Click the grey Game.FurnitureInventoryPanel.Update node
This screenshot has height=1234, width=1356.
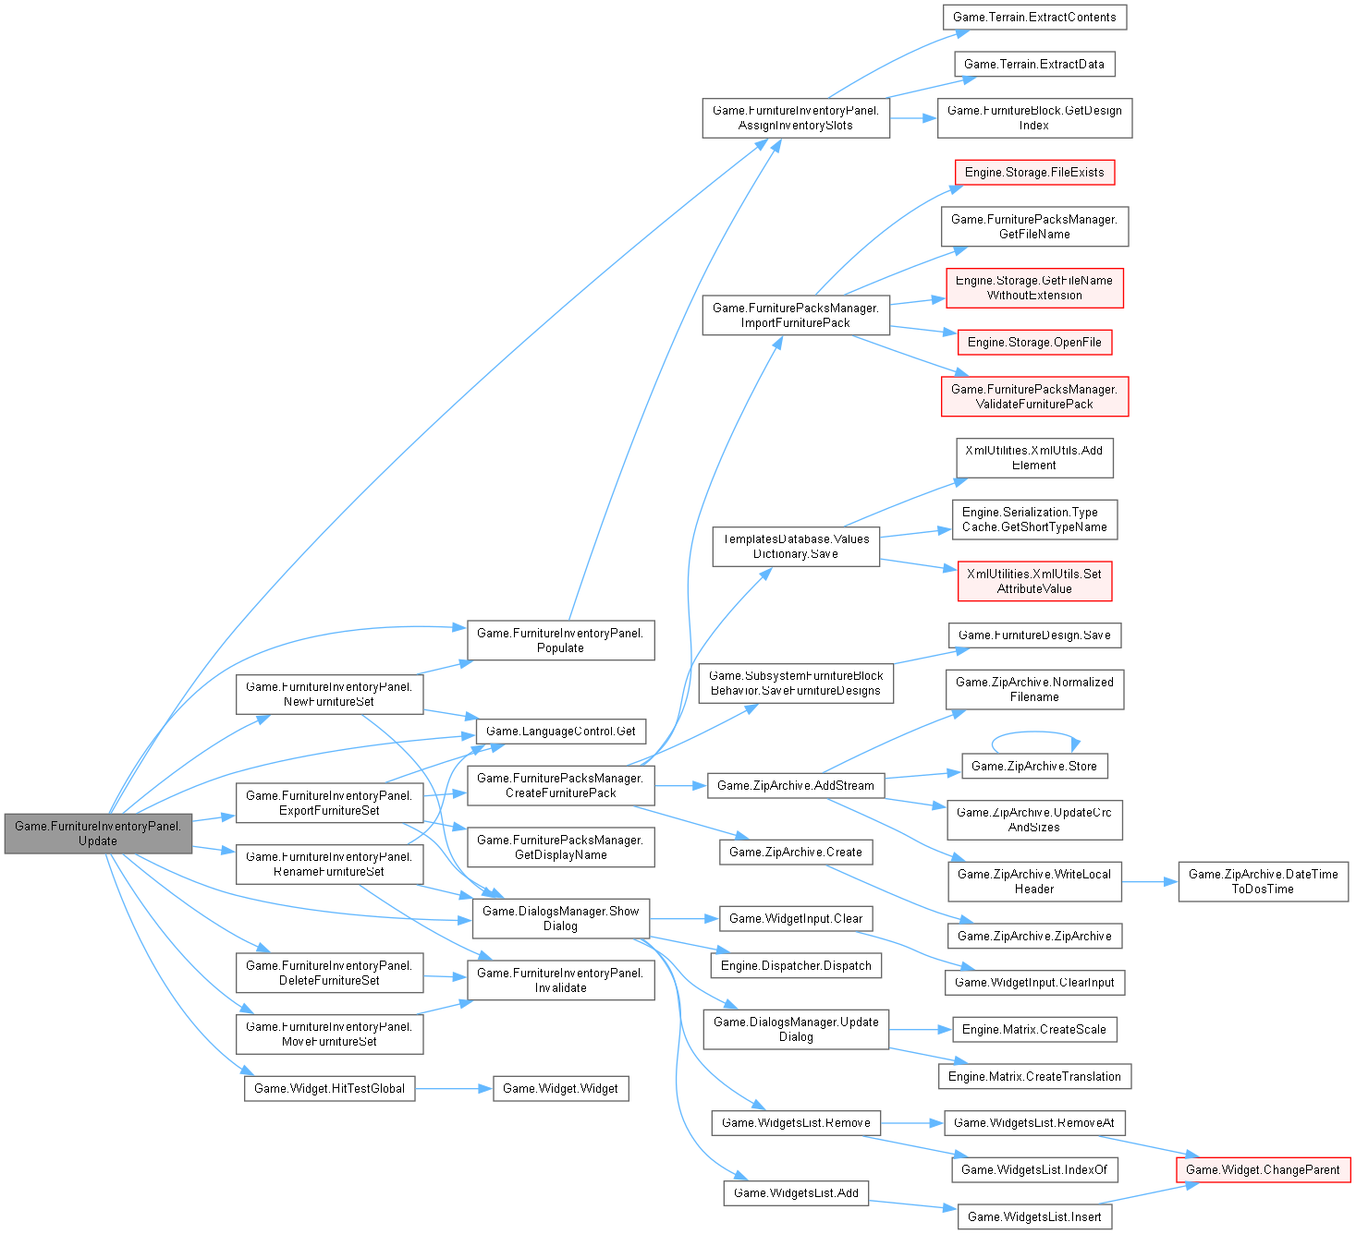(98, 833)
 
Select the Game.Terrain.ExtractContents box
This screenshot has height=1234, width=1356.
(1034, 18)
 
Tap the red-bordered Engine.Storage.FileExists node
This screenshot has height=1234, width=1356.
(1034, 173)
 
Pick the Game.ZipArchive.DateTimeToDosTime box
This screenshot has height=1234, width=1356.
(1263, 881)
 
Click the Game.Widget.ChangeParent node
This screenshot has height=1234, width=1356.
(1263, 1170)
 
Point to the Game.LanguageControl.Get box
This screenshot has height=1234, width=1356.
(560, 732)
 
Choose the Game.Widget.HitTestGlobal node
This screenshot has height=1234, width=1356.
(329, 1089)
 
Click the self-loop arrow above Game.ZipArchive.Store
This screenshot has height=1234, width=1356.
(1034, 734)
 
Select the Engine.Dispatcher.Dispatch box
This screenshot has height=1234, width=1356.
(796, 966)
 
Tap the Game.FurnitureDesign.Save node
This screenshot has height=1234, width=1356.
(1034, 635)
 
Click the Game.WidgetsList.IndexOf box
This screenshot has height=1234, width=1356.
(1034, 1170)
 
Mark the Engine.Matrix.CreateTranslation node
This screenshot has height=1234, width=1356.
(1034, 1077)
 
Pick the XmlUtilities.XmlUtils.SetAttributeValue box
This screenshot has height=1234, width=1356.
(1034, 581)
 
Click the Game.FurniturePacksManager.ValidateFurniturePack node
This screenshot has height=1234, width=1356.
(1034, 396)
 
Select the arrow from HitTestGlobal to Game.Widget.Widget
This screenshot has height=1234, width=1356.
(454, 1089)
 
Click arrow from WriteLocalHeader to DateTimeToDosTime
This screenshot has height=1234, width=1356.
(1150, 881)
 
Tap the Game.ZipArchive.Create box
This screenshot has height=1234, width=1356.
(795, 853)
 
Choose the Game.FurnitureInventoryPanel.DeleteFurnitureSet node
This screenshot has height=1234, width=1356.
(329, 974)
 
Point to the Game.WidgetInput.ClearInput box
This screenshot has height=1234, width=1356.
(1034, 983)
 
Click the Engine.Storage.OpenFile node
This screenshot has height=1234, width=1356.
(1034, 343)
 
